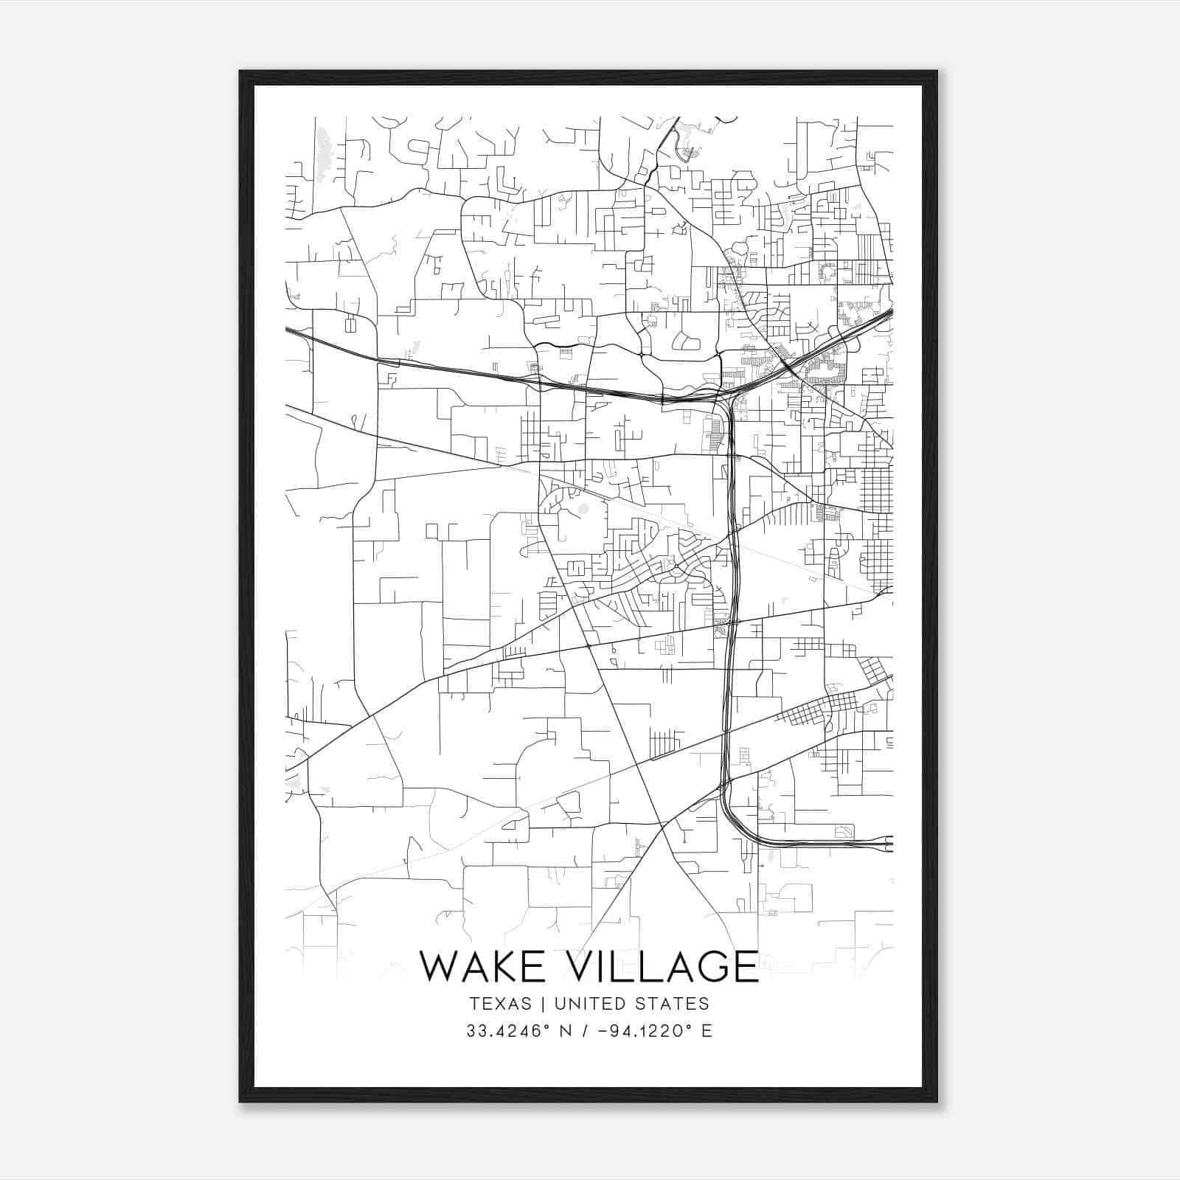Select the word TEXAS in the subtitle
(499, 1004)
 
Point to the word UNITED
(589, 1004)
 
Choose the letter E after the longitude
(707, 1030)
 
